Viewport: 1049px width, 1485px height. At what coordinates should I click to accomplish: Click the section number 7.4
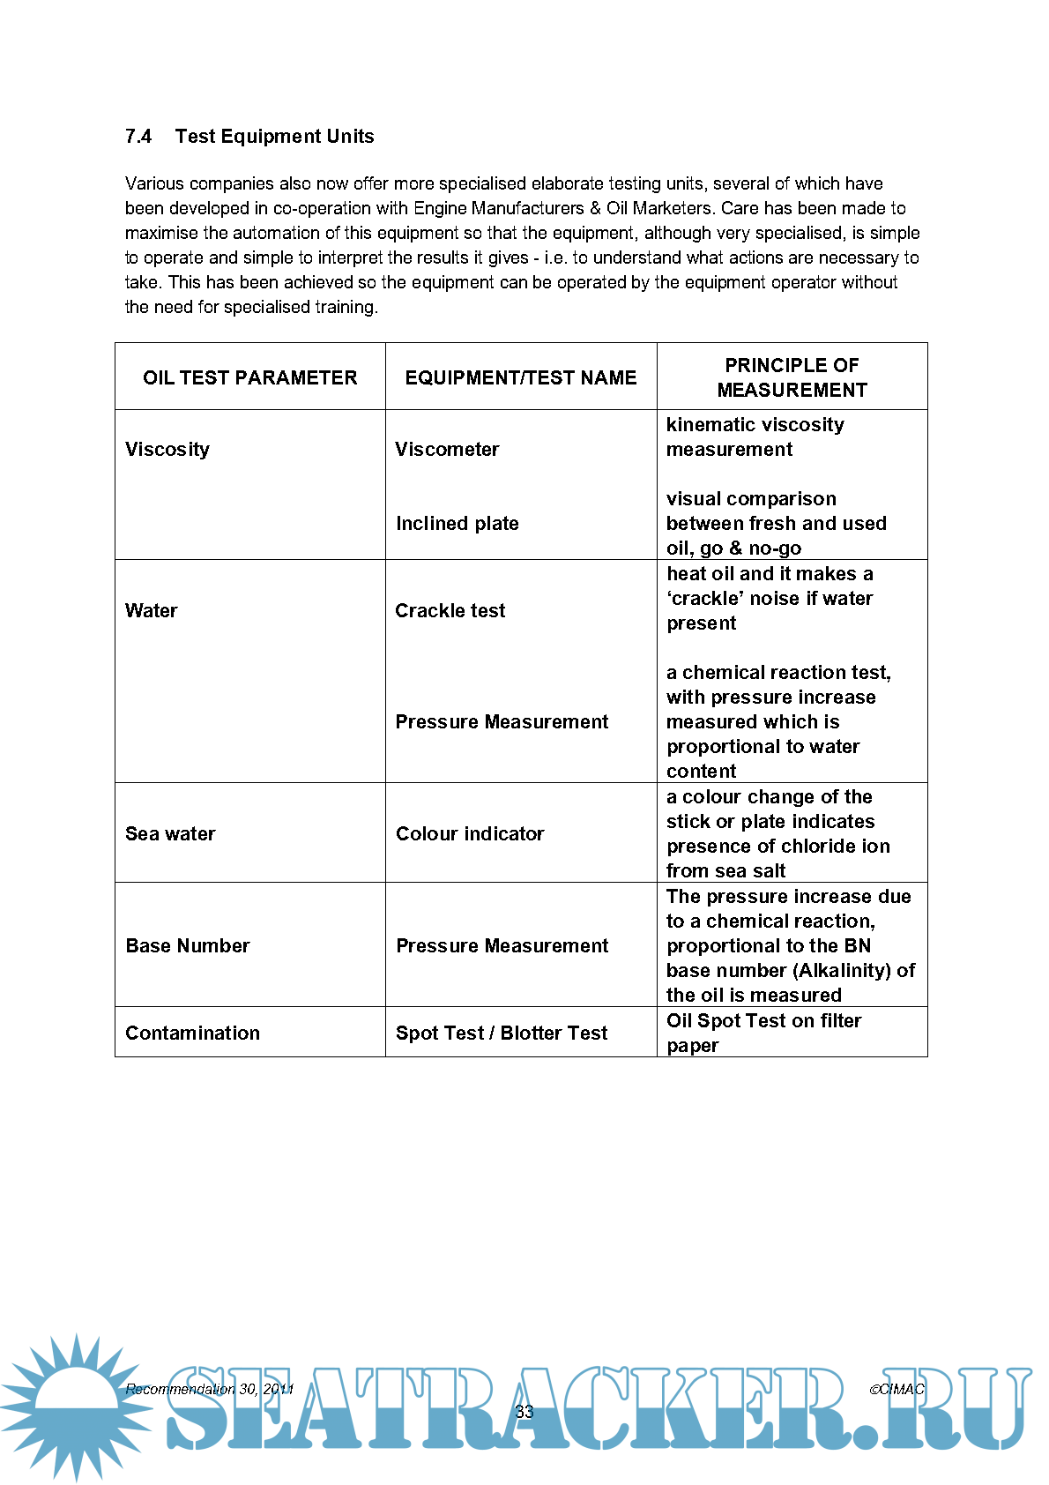138,137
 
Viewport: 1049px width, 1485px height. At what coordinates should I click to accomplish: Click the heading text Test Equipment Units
274,137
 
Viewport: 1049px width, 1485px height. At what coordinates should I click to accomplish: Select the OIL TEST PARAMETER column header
249,377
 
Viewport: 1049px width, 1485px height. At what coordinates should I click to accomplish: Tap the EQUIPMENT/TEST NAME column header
520,377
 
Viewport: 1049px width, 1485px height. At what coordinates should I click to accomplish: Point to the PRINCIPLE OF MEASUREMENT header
792,377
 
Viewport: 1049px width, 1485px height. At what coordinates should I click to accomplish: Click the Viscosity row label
167,450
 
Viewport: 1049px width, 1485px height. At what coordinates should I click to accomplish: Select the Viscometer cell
447,450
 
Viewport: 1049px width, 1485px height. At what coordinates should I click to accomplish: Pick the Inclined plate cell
457,524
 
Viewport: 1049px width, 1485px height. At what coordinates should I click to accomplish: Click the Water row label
152,611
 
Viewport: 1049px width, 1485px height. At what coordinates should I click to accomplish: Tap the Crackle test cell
450,611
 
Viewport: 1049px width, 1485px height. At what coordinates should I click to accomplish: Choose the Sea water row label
170,834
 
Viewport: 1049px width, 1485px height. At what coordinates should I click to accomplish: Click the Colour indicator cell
470,834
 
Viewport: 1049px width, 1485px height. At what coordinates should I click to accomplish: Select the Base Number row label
188,946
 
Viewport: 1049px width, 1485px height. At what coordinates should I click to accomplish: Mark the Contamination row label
192,1034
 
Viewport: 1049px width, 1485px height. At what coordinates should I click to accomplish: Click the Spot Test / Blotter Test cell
502,1034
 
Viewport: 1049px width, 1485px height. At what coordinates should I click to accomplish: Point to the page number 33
524,1412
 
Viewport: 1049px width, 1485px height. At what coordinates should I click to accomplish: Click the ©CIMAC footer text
896,1390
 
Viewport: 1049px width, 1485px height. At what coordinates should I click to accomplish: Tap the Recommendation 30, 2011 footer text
209,1390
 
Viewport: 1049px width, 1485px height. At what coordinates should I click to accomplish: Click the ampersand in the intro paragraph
595,209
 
